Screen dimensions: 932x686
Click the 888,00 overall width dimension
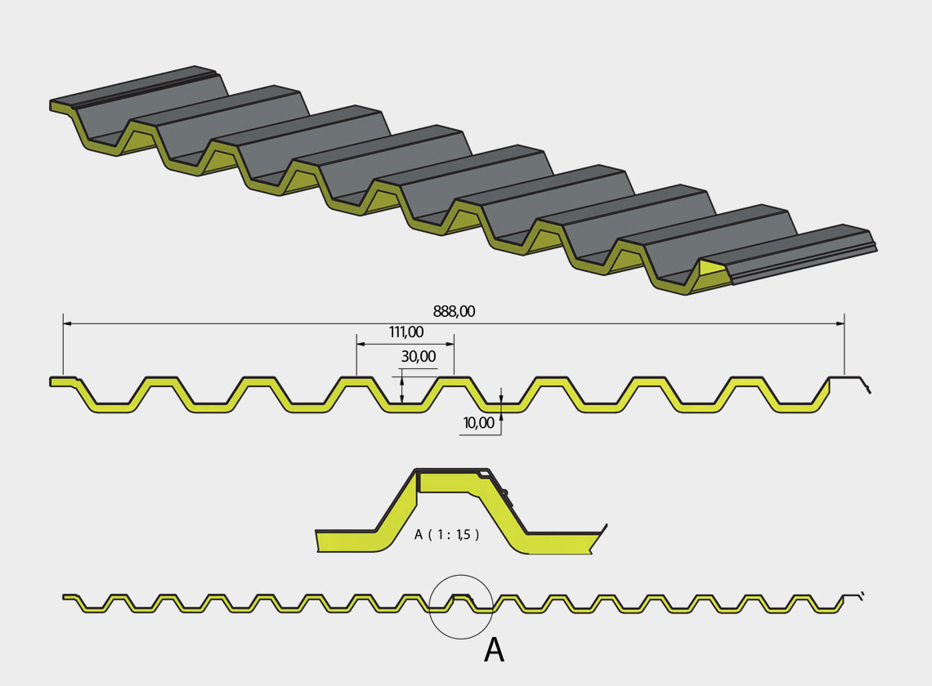point(454,311)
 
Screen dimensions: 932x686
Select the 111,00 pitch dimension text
point(406,332)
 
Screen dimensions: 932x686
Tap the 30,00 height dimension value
point(419,356)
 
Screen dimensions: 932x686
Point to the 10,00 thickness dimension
point(478,423)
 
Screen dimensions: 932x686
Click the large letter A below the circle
point(494,650)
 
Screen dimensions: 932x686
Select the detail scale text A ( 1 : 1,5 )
point(447,535)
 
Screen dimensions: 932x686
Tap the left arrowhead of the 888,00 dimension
point(67,323)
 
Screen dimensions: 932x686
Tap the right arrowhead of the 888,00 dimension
point(840,323)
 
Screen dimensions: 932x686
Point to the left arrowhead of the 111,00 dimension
point(361,344)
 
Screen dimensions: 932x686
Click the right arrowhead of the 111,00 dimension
point(450,344)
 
